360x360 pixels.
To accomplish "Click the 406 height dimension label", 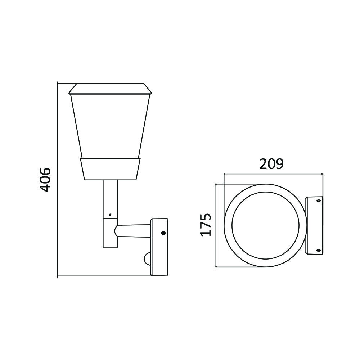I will [x=44, y=179].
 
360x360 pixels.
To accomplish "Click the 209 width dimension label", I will [x=272, y=164].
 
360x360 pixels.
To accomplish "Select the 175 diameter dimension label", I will [x=206, y=225].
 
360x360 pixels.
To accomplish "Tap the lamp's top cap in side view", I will [x=109, y=89].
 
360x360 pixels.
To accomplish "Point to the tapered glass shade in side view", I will [x=109, y=126].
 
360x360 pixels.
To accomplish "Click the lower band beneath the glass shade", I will [x=109, y=169].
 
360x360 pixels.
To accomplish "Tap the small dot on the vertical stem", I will [x=110, y=215].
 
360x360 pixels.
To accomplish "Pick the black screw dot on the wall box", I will [x=163, y=233].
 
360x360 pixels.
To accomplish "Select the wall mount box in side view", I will [x=159, y=247].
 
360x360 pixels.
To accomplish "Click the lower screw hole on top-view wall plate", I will [x=318, y=250].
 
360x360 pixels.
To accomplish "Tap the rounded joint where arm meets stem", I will [x=117, y=230].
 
